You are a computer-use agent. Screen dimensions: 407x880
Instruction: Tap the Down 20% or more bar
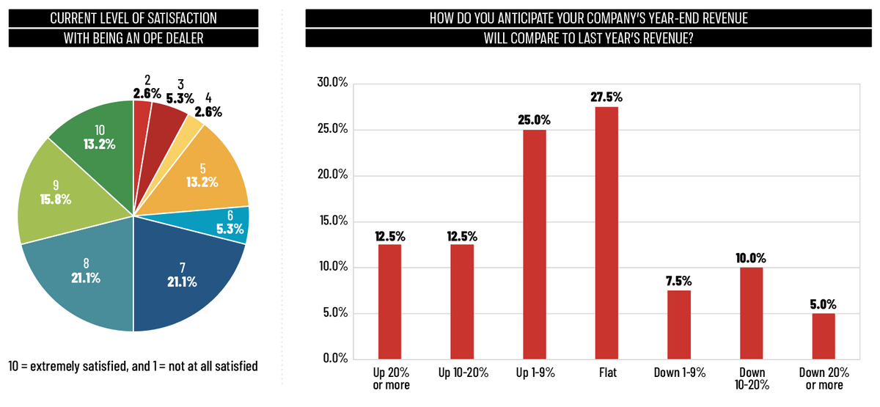[x=824, y=336]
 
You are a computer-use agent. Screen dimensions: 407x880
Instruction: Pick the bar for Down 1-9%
[x=678, y=325]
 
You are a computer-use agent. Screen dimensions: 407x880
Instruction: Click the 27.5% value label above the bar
[x=606, y=97]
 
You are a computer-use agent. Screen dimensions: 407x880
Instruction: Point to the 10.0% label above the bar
[x=751, y=257]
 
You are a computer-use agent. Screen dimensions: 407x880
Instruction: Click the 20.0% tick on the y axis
[x=331, y=175]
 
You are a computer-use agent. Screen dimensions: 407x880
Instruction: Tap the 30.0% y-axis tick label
[x=331, y=83]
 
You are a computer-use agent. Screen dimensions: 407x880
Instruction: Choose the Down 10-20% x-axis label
[x=751, y=378]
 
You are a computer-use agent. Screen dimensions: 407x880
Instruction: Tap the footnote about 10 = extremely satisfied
[x=133, y=364]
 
